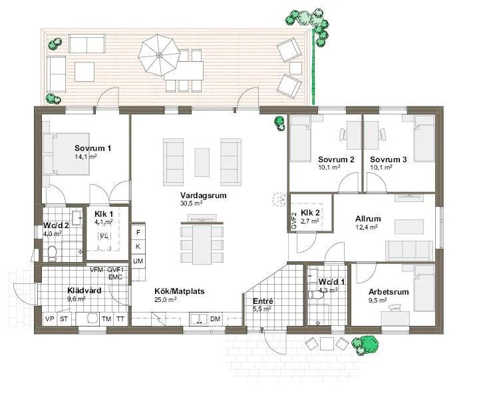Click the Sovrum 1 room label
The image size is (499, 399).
tap(92, 148)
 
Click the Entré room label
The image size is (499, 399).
tap(262, 301)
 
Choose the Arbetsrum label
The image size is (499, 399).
tap(389, 292)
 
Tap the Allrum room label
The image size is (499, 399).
tap(368, 218)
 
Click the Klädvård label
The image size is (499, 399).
tap(84, 290)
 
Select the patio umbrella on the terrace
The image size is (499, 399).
tap(159, 53)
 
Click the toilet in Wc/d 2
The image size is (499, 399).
tap(51, 252)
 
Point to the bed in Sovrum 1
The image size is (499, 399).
tap(66, 154)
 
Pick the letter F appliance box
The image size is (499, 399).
tap(138, 232)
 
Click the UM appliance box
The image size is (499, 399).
tap(138, 261)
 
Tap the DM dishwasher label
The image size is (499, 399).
tap(215, 320)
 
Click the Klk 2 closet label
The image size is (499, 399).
tap(311, 213)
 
